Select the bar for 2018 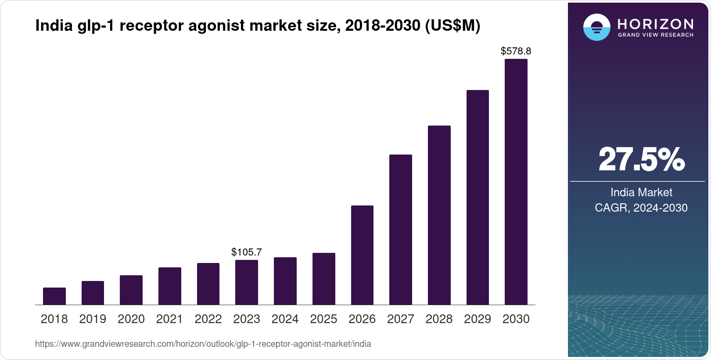tap(54, 296)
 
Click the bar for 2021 tap(170, 286)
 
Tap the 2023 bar tap(247, 282)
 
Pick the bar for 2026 tap(362, 255)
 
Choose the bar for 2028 tap(439, 215)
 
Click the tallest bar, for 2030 tap(516, 182)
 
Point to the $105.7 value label tap(247, 252)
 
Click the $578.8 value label tap(516, 51)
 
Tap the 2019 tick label tap(93, 319)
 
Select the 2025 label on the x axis tap(323, 319)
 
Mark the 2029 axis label tap(478, 319)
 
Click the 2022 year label tap(208, 319)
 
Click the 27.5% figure tap(641, 159)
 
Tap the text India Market tap(641, 192)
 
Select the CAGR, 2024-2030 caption tap(641, 208)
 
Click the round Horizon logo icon tap(597, 27)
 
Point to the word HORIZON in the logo tap(656, 24)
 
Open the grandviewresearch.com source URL tap(203, 344)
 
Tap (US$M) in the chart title tap(452, 25)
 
